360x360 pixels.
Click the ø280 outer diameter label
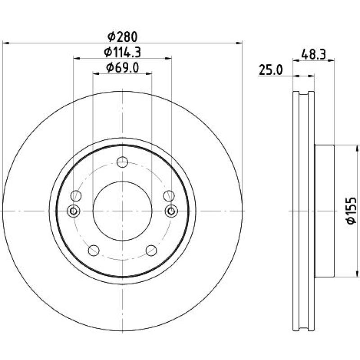(x=122, y=37)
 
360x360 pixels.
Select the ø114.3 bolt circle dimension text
(x=122, y=52)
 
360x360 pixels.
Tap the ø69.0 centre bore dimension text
(x=122, y=68)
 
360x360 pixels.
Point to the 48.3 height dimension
(x=313, y=54)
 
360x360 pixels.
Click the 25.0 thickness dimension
(x=271, y=70)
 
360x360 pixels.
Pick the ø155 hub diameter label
(x=351, y=211)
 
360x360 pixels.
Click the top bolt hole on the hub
(x=122, y=162)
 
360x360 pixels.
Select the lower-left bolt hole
(x=94, y=250)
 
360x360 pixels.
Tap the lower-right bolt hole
(x=151, y=250)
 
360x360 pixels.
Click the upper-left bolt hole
(x=76, y=196)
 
